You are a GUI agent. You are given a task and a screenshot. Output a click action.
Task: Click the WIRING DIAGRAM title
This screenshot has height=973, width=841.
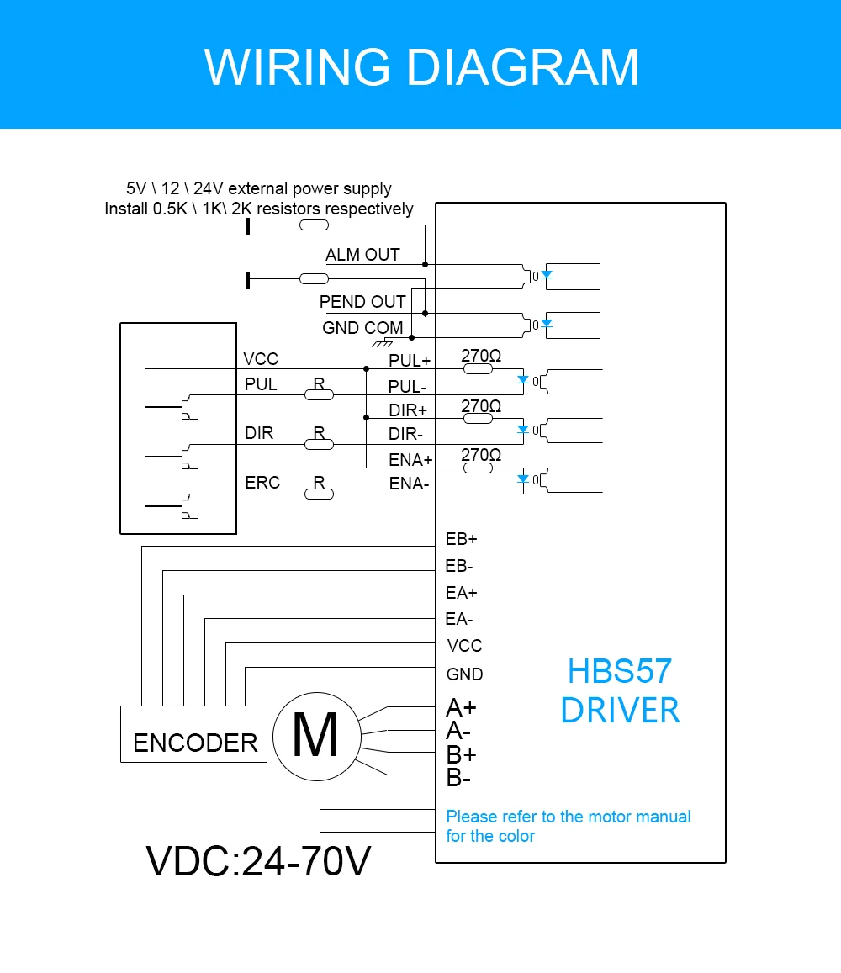click(x=421, y=67)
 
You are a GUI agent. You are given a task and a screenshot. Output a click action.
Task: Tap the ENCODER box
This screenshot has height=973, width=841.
click(x=194, y=734)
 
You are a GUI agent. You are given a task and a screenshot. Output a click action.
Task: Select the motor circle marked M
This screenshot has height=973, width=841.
click(x=315, y=734)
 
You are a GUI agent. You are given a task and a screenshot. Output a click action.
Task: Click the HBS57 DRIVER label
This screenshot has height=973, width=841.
click(x=620, y=690)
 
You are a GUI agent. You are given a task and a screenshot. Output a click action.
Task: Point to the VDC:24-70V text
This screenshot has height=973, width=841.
click(x=258, y=861)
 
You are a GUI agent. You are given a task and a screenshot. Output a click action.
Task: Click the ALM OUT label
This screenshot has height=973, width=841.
click(x=362, y=255)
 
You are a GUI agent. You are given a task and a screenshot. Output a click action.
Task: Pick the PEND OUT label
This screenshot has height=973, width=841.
click(x=362, y=302)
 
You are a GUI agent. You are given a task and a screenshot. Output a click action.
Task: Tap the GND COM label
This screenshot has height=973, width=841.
click(x=362, y=328)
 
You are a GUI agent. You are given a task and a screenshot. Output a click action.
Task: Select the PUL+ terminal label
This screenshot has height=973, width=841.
click(x=410, y=361)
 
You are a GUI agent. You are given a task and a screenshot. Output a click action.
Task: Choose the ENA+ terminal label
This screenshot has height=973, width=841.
click(x=410, y=460)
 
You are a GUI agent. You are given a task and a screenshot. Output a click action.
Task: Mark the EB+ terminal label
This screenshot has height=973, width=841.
click(x=462, y=540)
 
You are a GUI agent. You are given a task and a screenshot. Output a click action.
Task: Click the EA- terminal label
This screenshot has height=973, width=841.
click(x=459, y=620)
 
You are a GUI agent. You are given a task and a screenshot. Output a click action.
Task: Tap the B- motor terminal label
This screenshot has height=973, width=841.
click(x=458, y=779)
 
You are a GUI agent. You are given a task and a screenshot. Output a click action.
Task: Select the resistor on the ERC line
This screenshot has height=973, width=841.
click(x=319, y=494)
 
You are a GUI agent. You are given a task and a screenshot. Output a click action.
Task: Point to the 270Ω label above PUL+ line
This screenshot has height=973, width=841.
click(x=481, y=357)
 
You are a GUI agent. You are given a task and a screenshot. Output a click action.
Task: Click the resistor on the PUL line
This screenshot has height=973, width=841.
click(x=319, y=394)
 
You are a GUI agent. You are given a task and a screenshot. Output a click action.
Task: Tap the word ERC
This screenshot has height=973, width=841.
click(x=262, y=483)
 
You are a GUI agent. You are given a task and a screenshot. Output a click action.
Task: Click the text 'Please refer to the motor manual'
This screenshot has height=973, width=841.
click(x=568, y=817)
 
